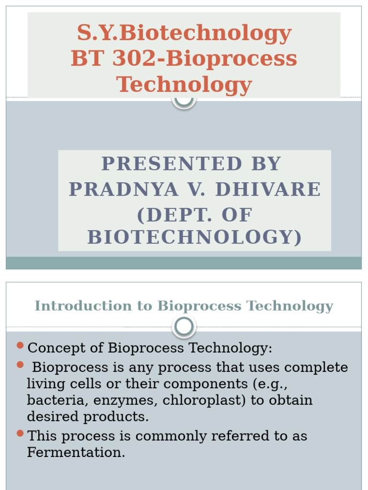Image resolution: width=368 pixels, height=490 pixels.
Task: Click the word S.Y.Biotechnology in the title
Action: (x=184, y=33)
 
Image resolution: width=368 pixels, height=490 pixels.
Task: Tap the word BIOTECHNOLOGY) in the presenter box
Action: (x=195, y=237)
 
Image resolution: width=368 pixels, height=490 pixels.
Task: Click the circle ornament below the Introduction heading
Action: (x=184, y=327)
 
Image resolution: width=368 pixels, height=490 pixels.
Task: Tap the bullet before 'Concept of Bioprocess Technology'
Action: (x=20, y=345)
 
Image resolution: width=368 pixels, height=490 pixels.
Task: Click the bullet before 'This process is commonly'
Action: (x=20, y=434)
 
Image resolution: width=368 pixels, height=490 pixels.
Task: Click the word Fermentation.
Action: (x=76, y=453)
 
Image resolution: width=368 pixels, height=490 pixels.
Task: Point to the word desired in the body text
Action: (x=53, y=416)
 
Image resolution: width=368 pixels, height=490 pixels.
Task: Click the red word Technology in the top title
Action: (x=184, y=85)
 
